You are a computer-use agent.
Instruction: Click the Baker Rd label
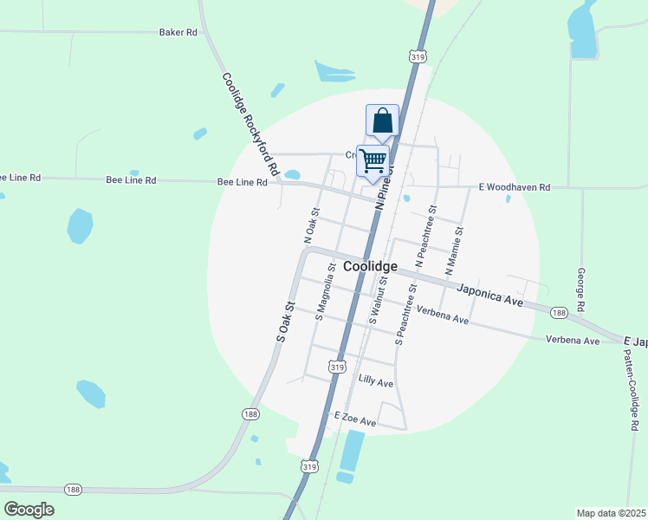pyautogui.click(x=178, y=32)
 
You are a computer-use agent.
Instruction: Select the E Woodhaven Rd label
pyautogui.click(x=515, y=187)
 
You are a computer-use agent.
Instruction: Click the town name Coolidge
pyautogui.click(x=370, y=267)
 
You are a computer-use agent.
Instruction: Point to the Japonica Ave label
pyautogui.click(x=490, y=296)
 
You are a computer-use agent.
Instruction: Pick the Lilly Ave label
pyautogui.click(x=376, y=382)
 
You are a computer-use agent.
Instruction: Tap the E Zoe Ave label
pyautogui.click(x=355, y=421)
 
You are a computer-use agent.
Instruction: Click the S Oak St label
pyautogui.click(x=287, y=321)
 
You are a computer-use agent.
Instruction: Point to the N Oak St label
pyautogui.click(x=311, y=224)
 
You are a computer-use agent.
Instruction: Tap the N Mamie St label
pyautogui.click(x=455, y=251)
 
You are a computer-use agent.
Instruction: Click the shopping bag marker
pyautogui.click(x=382, y=121)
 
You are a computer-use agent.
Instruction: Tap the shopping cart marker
pyautogui.click(x=373, y=160)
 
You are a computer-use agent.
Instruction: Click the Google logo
pyautogui.click(x=29, y=510)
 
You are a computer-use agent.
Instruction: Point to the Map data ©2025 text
pyautogui.click(x=611, y=513)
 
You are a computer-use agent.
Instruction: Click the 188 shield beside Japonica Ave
pyautogui.click(x=560, y=312)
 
